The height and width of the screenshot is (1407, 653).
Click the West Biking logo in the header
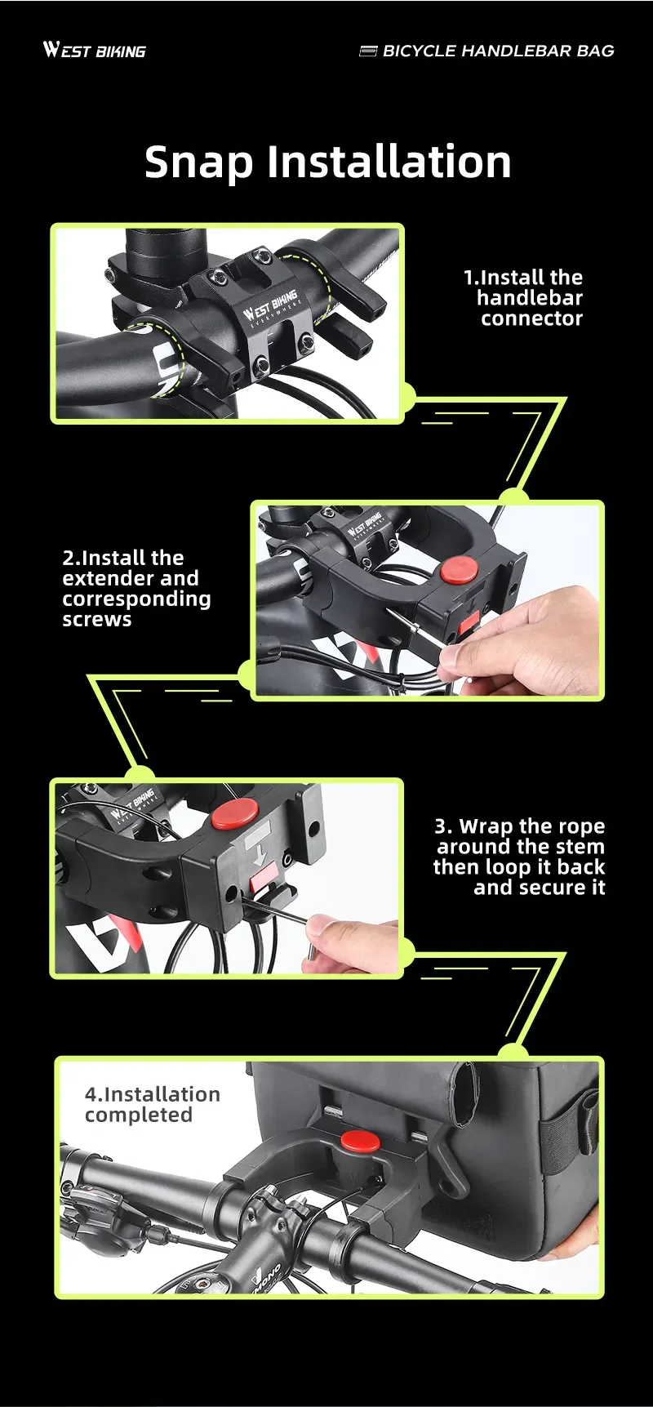point(95,51)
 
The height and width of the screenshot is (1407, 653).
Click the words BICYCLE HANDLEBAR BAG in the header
point(498,51)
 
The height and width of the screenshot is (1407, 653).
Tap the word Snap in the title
point(199,163)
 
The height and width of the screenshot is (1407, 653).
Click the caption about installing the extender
point(136,588)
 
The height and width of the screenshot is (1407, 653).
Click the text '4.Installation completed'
point(152,1104)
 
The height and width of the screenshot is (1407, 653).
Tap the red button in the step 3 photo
point(235,814)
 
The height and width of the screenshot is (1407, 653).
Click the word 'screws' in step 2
point(97,620)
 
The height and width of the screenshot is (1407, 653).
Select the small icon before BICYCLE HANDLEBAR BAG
point(368,51)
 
